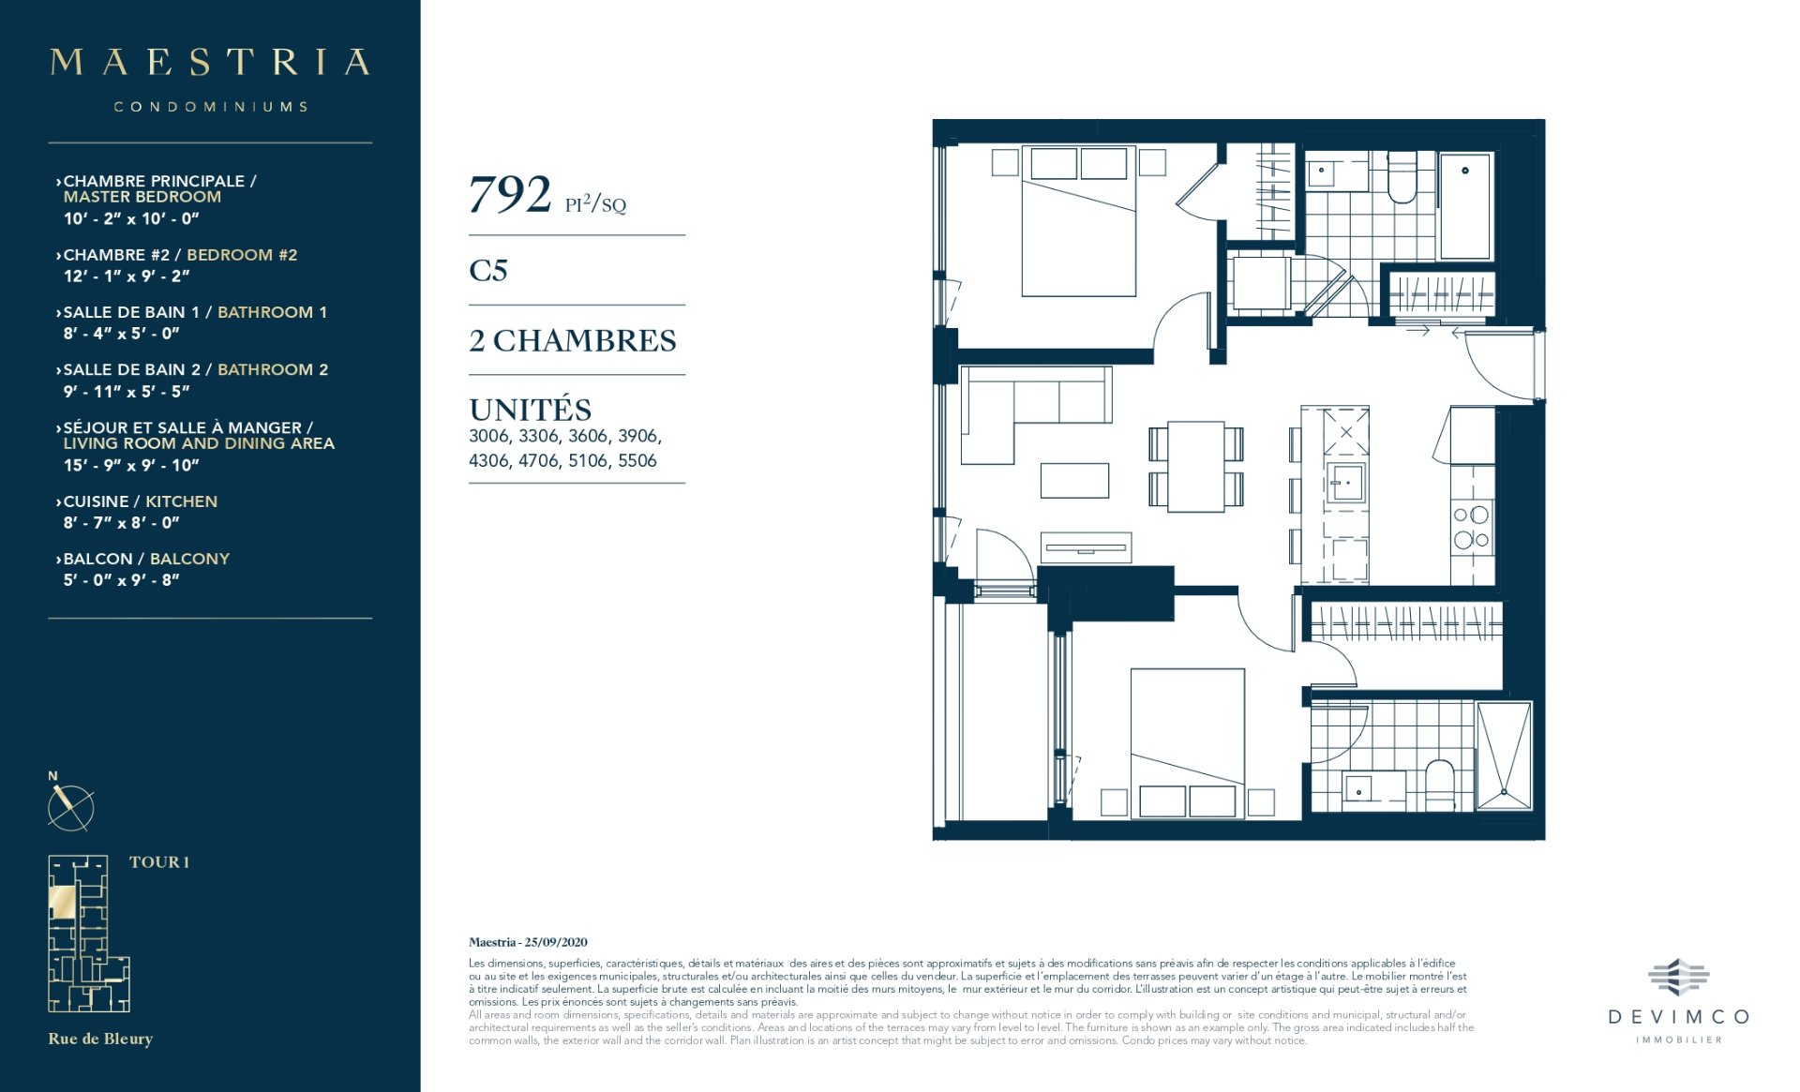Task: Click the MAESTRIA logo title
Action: point(210,62)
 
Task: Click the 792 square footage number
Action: point(509,195)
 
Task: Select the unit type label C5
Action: point(488,270)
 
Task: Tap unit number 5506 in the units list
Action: point(637,460)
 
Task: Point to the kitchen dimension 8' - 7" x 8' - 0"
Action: point(121,522)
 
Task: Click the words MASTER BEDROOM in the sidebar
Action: point(142,197)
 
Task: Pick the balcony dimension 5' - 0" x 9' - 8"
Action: point(121,579)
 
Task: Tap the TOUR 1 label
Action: point(159,862)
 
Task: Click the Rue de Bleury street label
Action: point(100,1039)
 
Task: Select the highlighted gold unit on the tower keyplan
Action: point(63,903)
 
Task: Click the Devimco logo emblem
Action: point(1678,978)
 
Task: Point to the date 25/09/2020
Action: point(556,942)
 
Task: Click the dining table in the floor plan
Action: point(1195,466)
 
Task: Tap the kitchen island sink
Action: point(1345,483)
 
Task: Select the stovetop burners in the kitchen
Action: point(1471,527)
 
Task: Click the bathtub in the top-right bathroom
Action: point(1464,206)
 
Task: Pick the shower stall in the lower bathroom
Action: point(1504,755)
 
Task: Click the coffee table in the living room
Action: point(1074,480)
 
